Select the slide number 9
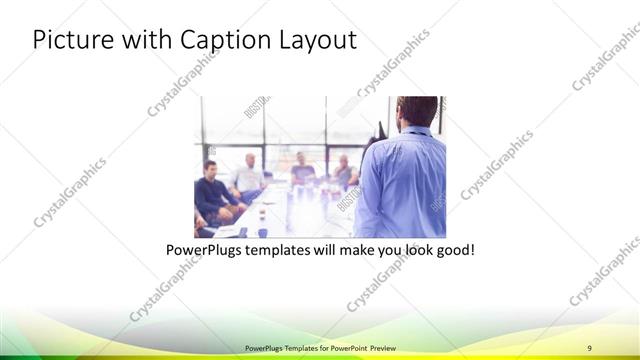click(x=590, y=346)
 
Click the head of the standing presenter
click(x=416, y=111)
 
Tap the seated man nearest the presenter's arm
click(x=344, y=172)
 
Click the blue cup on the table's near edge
click(x=262, y=230)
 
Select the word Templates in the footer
click(x=289, y=346)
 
